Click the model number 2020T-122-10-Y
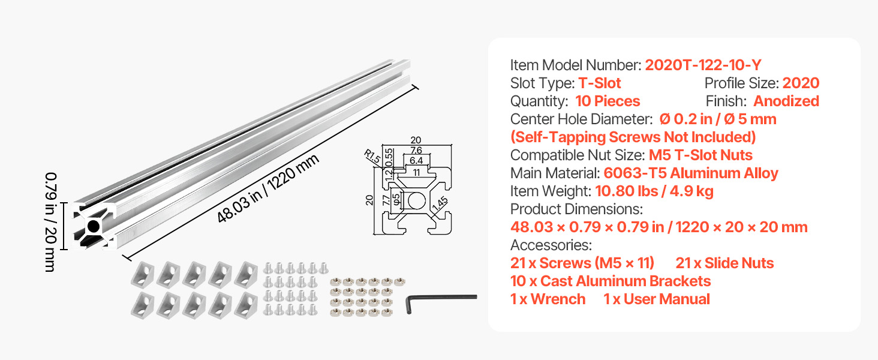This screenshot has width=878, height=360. [x=703, y=65]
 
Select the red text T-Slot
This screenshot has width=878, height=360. [x=600, y=83]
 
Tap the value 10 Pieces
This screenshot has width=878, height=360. [x=608, y=101]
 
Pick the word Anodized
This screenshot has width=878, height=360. [x=786, y=101]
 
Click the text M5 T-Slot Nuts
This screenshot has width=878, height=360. [x=700, y=155]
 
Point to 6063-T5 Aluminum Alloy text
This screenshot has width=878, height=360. [x=691, y=173]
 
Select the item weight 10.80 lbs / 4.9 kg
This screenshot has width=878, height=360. [x=654, y=191]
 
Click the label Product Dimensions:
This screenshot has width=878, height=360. [x=576, y=209]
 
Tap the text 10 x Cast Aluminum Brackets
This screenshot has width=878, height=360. [x=611, y=281]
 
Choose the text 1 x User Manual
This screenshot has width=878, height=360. [x=657, y=299]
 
